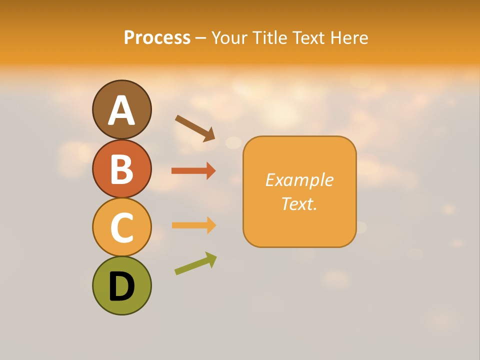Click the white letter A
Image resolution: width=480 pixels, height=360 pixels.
click(x=121, y=110)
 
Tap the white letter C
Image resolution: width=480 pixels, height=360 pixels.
click(x=121, y=227)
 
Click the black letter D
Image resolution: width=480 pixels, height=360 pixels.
click(x=121, y=286)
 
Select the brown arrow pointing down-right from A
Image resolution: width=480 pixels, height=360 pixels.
click(x=195, y=128)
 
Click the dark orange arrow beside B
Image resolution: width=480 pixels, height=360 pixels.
click(x=193, y=171)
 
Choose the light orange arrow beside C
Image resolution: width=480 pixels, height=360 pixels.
click(x=193, y=225)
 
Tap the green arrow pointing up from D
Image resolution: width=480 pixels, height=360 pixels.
click(x=195, y=263)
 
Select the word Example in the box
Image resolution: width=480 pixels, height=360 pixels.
click(x=299, y=180)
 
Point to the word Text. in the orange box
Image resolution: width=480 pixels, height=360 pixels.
click(x=299, y=203)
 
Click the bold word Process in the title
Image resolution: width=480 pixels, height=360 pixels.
click(x=157, y=38)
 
